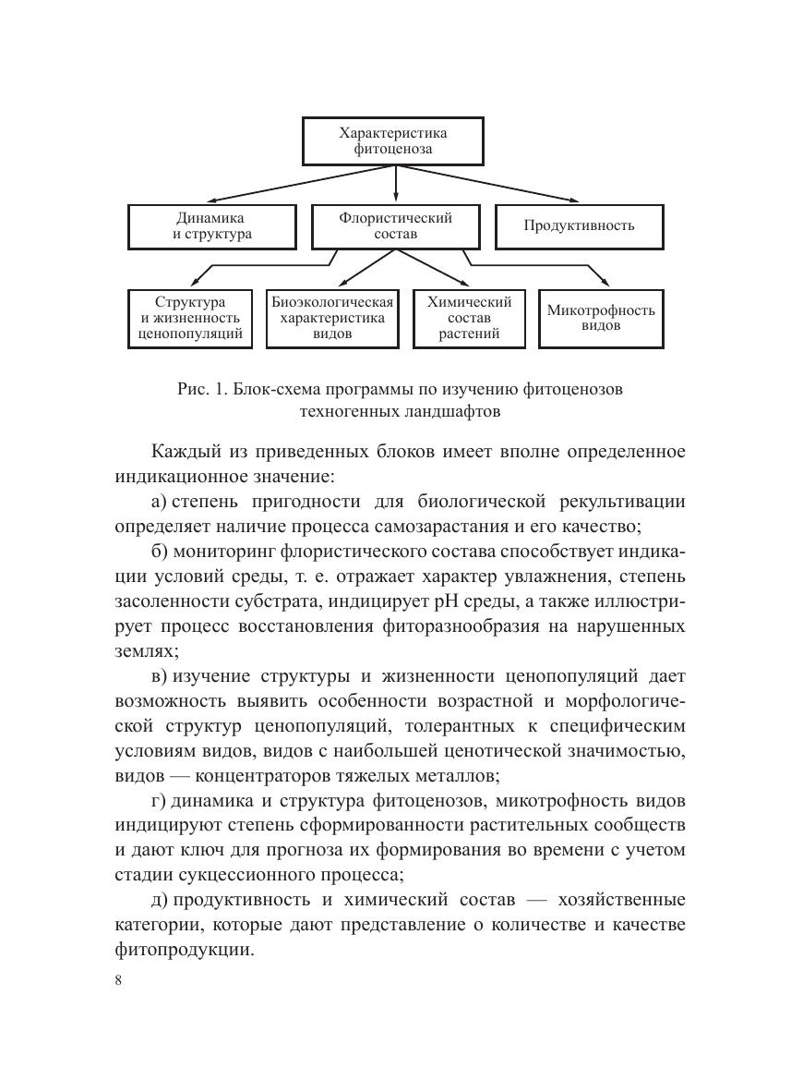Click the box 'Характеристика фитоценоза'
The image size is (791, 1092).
(394, 140)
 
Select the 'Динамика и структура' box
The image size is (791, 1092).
(212, 226)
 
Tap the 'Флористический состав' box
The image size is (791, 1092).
(396, 226)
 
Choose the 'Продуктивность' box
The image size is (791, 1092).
(580, 226)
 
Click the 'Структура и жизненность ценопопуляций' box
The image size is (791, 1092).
(190, 319)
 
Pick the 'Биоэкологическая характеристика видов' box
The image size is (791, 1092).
(332, 319)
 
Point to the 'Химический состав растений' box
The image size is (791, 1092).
(469, 319)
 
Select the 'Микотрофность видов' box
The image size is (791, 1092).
(601, 319)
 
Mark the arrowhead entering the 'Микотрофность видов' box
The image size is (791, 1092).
(605, 283)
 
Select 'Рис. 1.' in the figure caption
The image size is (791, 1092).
(202, 389)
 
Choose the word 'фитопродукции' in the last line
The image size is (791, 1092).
(184, 949)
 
